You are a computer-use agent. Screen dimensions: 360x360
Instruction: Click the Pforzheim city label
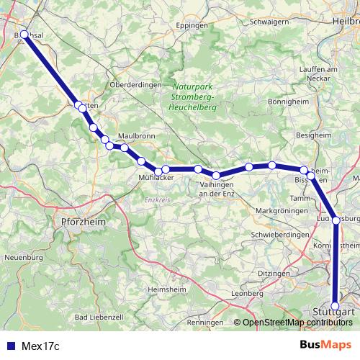tap(84, 222)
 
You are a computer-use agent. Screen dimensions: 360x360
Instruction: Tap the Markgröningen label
tap(282, 210)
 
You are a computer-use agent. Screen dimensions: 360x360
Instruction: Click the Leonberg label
tap(248, 294)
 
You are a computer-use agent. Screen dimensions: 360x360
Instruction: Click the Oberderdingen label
tap(135, 84)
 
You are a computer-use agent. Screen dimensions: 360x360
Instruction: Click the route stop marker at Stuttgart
tap(336, 306)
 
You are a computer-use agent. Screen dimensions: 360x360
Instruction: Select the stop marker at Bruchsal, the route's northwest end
tap(24, 34)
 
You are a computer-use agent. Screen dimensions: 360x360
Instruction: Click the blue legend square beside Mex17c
tap(9, 345)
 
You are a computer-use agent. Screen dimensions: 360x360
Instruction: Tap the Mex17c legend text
tap(38, 345)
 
